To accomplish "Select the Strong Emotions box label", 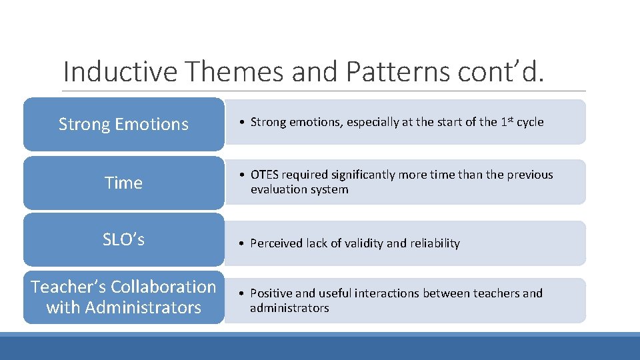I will (123, 124).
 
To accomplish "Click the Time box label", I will (123, 183).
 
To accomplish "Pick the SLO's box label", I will (123, 239).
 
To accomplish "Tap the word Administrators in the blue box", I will (143, 307).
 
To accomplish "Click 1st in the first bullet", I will (507, 121).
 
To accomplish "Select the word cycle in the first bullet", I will (531, 122).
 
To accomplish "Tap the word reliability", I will (435, 243).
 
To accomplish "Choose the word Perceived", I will (276, 243).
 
